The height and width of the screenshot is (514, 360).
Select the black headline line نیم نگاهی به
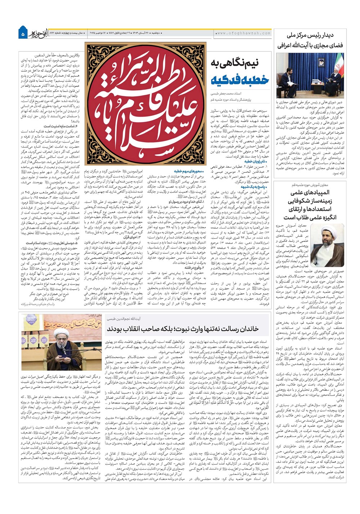pyautogui.click(x=240, y=64)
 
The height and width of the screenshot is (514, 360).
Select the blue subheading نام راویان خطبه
pyautogui.click(x=257, y=162)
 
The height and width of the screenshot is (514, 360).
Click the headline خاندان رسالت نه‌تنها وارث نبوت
pyautogui.click(x=183, y=329)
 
